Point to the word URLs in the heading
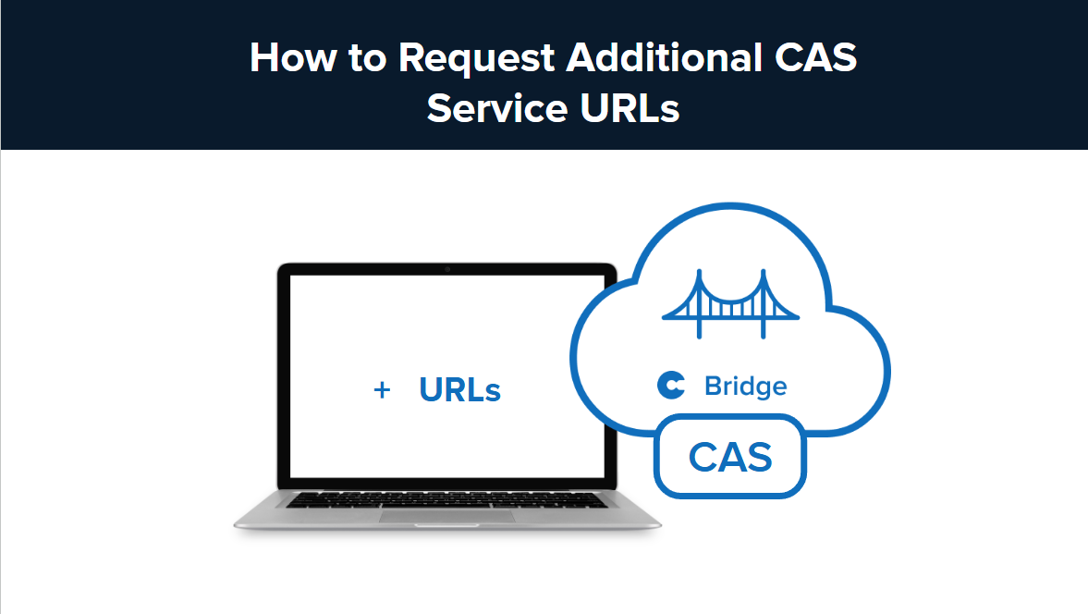(x=629, y=108)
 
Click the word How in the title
(x=292, y=58)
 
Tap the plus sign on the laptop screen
(x=381, y=390)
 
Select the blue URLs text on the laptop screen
(x=459, y=390)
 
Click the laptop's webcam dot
(x=447, y=269)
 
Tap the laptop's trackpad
(x=447, y=516)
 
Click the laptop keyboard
(x=447, y=500)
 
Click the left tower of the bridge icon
(x=699, y=301)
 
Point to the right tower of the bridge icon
(x=764, y=301)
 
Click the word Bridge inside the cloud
(x=745, y=386)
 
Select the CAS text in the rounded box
(x=730, y=457)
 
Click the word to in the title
(x=368, y=58)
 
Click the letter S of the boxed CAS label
(x=758, y=457)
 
